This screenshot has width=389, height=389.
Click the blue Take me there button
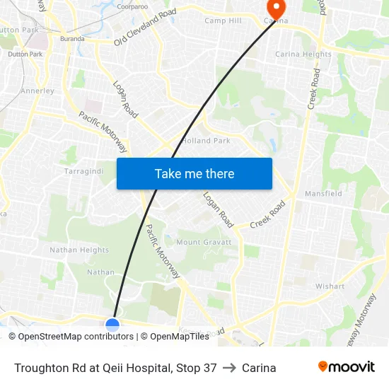pos(194,173)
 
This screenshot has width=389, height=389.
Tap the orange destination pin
pos(274,9)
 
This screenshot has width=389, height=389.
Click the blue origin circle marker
pos(112,325)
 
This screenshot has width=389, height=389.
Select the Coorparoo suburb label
pos(132,6)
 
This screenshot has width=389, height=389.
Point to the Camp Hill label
pos(223,21)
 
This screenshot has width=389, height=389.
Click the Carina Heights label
pos(303,54)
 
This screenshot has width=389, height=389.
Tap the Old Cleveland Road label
pos(145,27)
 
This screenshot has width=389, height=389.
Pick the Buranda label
pos(73,39)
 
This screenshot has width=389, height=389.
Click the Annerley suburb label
pos(37,91)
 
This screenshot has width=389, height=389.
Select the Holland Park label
pos(206,141)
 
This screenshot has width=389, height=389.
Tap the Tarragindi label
pos(83,172)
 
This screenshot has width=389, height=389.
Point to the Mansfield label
pos(323,194)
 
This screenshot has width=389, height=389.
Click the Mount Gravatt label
pos(204,243)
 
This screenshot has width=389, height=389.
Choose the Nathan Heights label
pos(79,250)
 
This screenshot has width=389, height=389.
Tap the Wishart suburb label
pos(330,286)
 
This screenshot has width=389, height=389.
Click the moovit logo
pos(346,367)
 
